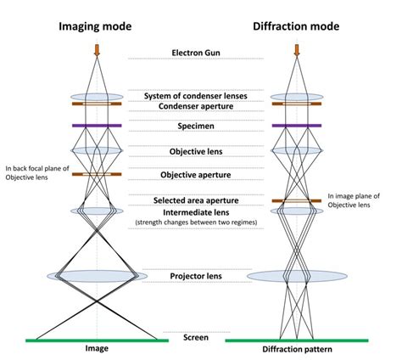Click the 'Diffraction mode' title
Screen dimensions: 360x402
tap(297, 26)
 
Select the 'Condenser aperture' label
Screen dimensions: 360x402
tap(198, 107)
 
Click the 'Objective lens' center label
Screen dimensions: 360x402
tap(198, 152)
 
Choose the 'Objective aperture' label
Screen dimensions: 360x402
tap(198, 175)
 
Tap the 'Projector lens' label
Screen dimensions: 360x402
tap(198, 275)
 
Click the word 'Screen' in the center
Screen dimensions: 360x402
tap(196, 337)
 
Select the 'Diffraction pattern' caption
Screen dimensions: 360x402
tap(297, 350)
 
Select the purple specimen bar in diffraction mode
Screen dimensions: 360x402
tap(297, 126)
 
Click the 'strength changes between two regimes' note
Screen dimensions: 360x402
tap(198, 222)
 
